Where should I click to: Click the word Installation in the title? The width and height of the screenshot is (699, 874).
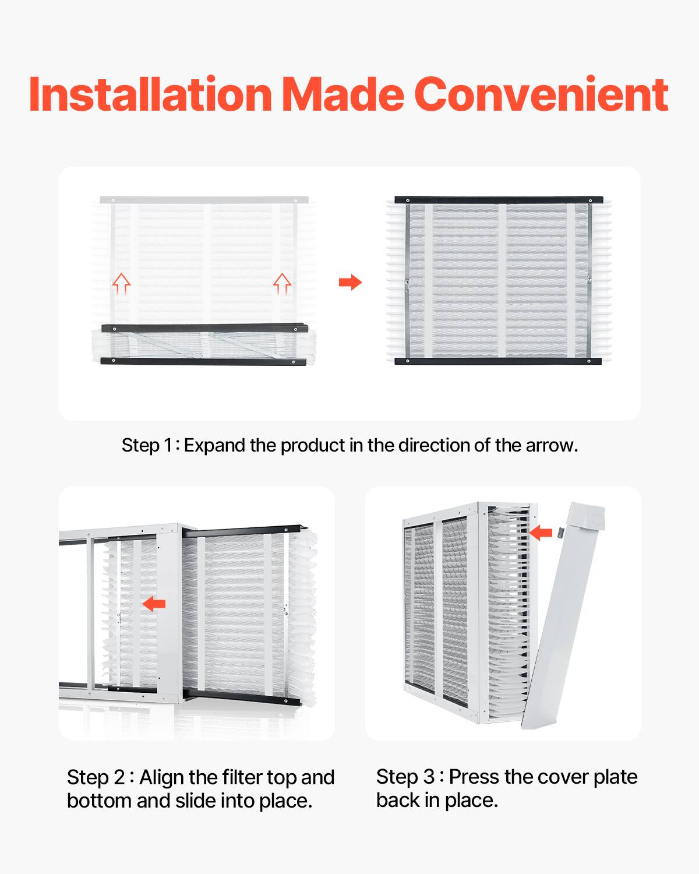click(x=150, y=94)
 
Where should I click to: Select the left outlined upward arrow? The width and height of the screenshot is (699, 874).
click(x=121, y=283)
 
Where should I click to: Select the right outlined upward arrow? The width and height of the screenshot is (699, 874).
click(x=282, y=283)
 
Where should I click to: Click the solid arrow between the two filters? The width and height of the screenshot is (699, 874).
click(x=350, y=283)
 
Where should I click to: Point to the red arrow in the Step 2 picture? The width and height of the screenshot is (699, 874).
click(x=154, y=604)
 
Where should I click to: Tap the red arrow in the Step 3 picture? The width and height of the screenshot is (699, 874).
click(x=541, y=532)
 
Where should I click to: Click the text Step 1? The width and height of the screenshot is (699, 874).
click(x=147, y=446)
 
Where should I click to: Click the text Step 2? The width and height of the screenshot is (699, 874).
click(x=96, y=778)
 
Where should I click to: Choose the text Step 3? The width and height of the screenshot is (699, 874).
click(x=405, y=777)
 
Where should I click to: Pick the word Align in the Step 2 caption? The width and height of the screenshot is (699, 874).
click(x=161, y=778)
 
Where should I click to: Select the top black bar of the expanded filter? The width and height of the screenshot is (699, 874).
click(x=498, y=200)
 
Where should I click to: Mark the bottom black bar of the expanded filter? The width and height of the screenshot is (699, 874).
click(x=498, y=362)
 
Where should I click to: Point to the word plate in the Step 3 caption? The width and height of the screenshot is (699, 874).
click(x=615, y=777)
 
